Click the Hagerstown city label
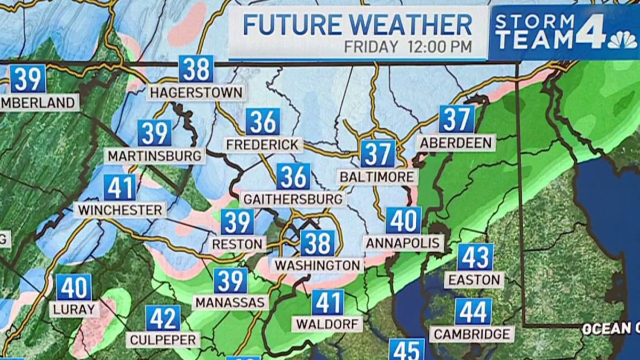tap(196, 92)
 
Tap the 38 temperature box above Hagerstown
tap(196, 69)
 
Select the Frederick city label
tap(263, 145)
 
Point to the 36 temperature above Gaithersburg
tap(293, 177)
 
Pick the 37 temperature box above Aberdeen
tap(457, 119)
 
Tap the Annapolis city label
tap(404, 243)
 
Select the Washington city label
tap(317, 265)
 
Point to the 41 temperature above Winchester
tap(120, 188)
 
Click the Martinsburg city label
tap(155, 156)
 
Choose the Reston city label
tap(238, 244)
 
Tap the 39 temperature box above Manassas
tap(230, 281)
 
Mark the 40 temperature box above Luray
tap(74, 287)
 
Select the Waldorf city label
tap(327, 324)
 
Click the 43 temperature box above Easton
tap(475, 258)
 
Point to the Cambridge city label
tap(473, 334)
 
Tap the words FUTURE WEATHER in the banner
tap(357, 25)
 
